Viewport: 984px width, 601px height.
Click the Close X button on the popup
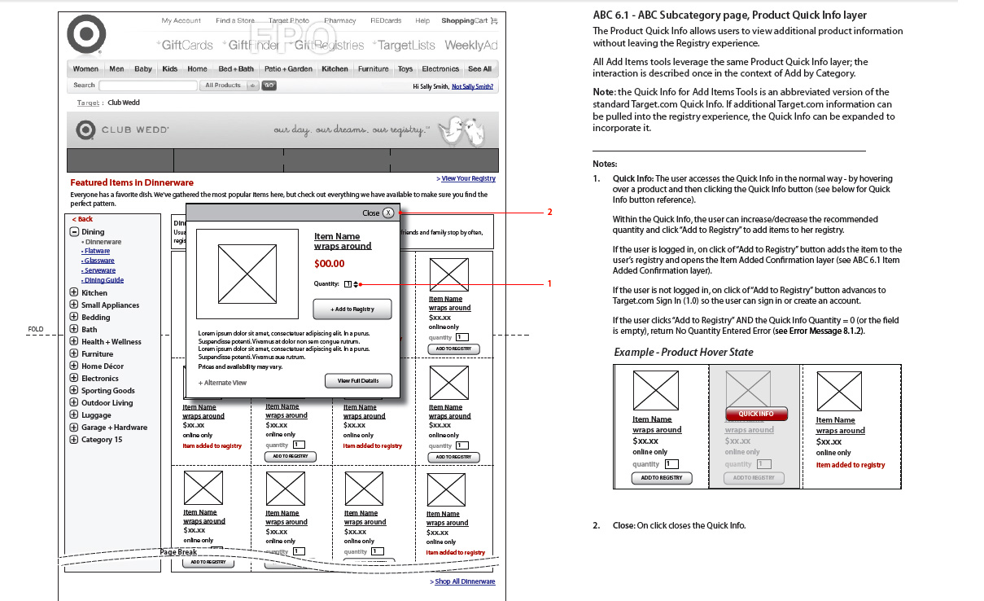(x=388, y=213)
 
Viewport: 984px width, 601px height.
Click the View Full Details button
(x=358, y=381)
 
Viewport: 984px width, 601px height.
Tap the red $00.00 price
(x=330, y=264)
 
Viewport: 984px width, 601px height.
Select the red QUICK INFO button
(x=756, y=414)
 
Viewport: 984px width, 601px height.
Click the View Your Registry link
(x=467, y=179)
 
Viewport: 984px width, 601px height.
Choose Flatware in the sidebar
(x=98, y=252)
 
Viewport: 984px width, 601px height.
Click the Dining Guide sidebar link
(x=103, y=280)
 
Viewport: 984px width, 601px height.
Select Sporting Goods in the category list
(x=107, y=391)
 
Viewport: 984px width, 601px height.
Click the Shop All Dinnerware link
(x=464, y=581)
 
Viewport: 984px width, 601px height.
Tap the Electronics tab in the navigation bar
(x=440, y=69)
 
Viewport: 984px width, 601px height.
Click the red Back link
(x=83, y=219)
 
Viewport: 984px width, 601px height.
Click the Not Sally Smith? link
(x=472, y=86)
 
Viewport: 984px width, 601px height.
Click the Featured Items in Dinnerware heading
(x=132, y=182)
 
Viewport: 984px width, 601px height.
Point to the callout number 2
(x=549, y=213)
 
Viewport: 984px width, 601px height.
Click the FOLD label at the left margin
(x=36, y=330)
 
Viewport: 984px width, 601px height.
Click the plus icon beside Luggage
(x=74, y=415)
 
